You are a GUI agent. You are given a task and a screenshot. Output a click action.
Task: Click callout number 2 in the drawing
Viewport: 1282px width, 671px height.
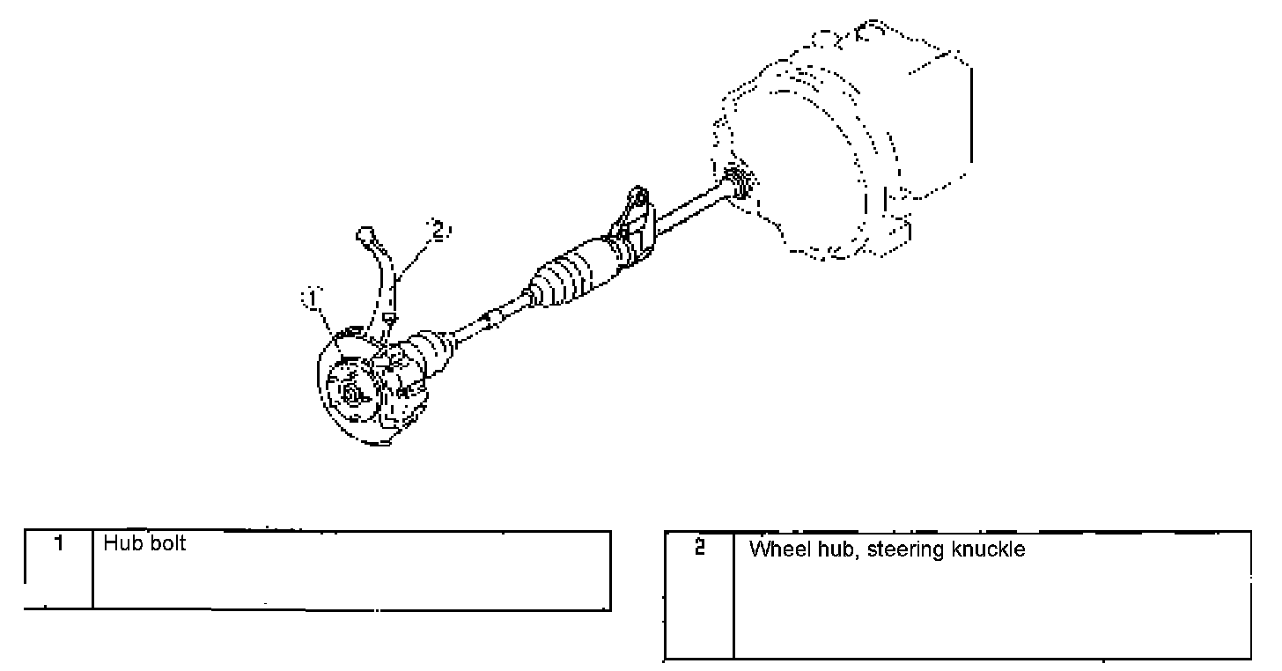click(x=438, y=231)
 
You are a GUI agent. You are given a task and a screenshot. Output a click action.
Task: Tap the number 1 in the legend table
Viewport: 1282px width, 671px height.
click(x=58, y=544)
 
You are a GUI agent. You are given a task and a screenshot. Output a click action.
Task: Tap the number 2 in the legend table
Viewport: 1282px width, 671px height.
click(x=699, y=549)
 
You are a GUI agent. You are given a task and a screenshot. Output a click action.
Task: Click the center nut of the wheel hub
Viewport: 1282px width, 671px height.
click(x=351, y=394)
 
